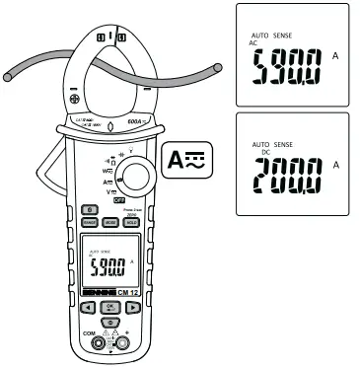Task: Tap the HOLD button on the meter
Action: click(x=129, y=224)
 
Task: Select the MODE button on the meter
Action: click(x=109, y=224)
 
